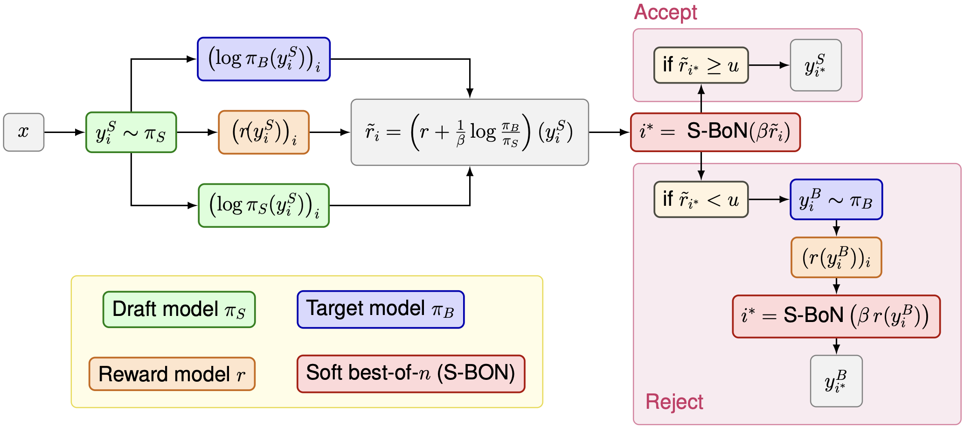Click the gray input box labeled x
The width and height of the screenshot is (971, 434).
point(24,132)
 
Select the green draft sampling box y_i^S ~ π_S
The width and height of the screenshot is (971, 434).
point(131,133)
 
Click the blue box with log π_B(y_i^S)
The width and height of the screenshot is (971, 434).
point(264,59)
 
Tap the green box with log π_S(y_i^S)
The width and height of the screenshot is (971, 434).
point(264,205)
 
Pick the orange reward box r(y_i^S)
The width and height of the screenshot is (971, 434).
point(264,133)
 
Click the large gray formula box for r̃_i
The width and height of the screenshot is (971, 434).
point(470,133)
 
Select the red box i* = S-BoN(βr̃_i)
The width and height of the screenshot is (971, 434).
point(715,132)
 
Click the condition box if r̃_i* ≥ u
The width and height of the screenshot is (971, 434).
point(701,65)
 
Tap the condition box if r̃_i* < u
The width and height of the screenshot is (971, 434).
point(701,200)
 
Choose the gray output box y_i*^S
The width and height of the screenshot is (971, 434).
point(816,65)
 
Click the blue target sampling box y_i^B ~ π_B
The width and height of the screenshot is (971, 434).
point(836,200)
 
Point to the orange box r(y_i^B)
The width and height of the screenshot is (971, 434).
point(836,258)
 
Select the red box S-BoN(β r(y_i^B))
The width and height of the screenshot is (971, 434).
point(836,316)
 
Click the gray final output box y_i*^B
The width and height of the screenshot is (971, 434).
point(836,381)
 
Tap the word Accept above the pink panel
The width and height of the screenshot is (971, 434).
point(666,13)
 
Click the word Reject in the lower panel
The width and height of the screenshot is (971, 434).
point(674,402)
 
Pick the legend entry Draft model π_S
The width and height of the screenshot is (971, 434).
point(179,310)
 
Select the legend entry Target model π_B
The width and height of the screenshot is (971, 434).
point(381,309)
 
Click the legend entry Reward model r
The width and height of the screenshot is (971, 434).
point(172,374)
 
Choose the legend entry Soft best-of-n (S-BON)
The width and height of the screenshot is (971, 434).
point(411,374)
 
